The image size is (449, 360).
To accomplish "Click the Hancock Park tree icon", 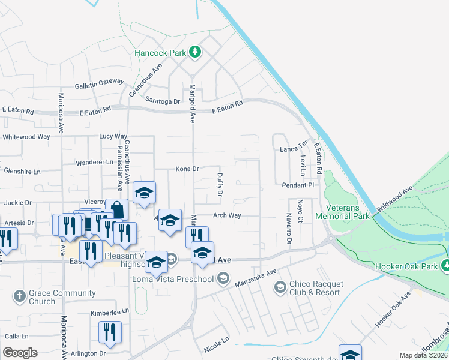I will pyautogui.click(x=194, y=53).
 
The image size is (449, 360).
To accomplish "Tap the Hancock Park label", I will pyautogui.click(x=160, y=53).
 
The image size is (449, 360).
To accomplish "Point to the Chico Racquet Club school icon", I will pyautogui.click(x=280, y=288).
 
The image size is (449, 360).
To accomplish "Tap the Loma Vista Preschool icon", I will pyautogui.click(x=223, y=278).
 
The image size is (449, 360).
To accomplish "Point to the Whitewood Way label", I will pyautogui.click(x=26, y=137).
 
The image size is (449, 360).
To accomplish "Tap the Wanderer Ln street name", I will pyautogui.click(x=95, y=162).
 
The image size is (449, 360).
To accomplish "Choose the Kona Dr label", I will pyautogui.click(x=187, y=169).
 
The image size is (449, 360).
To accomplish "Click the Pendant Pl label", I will pyautogui.click(x=298, y=185).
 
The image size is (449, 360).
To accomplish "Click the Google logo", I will pyautogui.click(x=21, y=352).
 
